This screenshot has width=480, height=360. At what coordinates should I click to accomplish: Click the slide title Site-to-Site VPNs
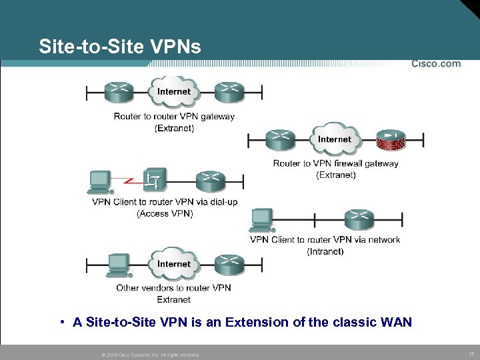tap(120, 47)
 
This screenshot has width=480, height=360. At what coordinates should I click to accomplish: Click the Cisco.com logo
tap(435, 64)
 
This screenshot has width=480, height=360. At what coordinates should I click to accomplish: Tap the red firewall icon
tap(390, 140)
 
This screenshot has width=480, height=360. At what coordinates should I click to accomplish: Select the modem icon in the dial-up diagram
tap(155, 180)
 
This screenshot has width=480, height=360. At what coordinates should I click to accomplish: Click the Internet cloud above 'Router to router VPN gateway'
tap(174, 91)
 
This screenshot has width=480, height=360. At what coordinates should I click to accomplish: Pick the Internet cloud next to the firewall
tap(334, 139)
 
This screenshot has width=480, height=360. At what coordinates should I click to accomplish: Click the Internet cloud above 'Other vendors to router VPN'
tap(174, 264)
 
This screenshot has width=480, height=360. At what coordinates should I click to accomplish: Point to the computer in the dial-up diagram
tap(101, 181)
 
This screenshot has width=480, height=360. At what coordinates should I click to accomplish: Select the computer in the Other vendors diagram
tap(119, 264)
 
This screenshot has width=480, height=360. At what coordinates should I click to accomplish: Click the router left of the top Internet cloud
tap(119, 91)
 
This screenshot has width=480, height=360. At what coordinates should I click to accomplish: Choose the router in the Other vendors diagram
tap(229, 264)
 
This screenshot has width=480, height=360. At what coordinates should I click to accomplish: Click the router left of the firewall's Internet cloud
tap(279, 140)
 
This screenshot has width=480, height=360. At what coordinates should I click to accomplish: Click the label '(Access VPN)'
tap(165, 214)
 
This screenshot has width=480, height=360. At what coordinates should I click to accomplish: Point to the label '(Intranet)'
tap(325, 251)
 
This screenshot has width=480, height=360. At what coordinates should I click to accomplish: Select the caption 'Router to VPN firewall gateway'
tap(335, 163)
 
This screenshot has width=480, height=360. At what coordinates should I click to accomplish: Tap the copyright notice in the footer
tap(149, 355)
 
